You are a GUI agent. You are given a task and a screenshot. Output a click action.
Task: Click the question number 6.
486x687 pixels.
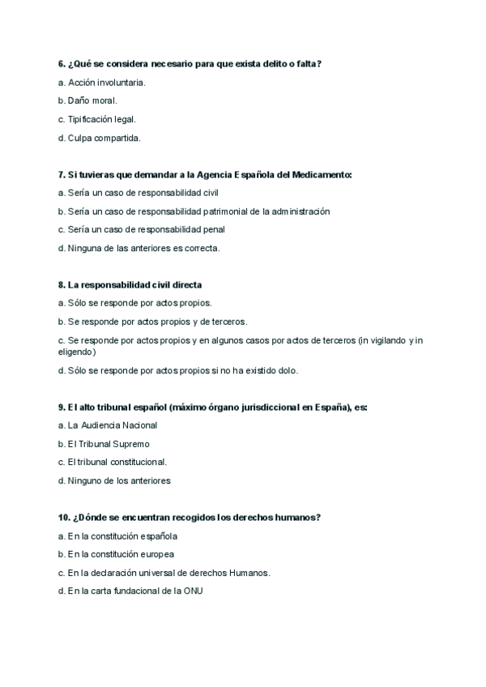coord(62,63)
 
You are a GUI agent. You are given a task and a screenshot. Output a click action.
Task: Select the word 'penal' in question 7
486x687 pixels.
coord(212,230)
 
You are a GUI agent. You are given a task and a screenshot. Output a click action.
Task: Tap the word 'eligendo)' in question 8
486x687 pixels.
coord(77,352)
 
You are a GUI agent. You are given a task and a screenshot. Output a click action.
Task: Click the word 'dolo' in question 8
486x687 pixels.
coord(288,371)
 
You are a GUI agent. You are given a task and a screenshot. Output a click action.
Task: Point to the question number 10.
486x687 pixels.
coord(65,518)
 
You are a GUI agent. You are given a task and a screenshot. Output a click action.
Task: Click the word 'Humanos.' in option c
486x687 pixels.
coord(251,573)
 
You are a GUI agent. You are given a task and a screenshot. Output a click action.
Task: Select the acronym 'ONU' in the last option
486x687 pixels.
coord(193,591)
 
